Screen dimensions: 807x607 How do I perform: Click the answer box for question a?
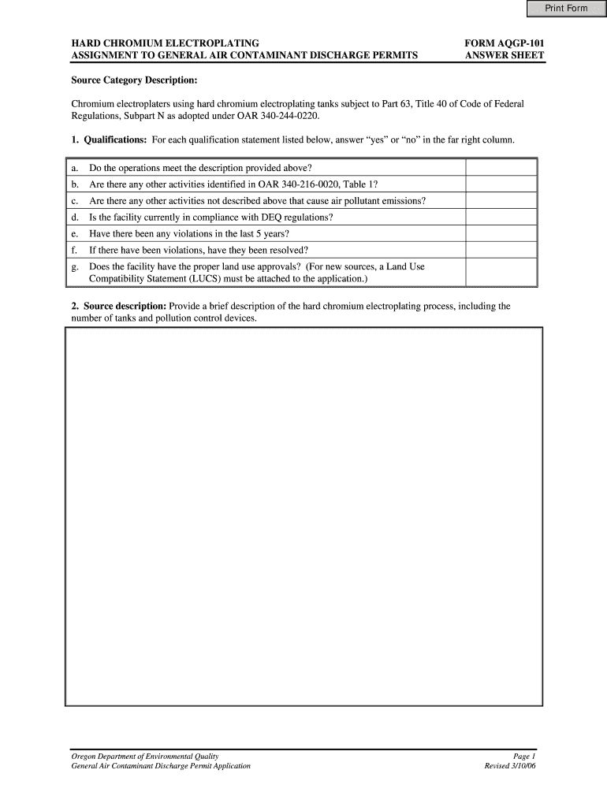(501, 167)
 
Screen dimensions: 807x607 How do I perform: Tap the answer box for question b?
(501, 184)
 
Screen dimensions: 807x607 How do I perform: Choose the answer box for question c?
(501, 201)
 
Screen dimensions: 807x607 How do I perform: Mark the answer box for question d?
(501, 218)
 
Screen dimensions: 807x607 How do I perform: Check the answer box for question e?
(501, 234)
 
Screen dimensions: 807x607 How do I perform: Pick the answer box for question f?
(501, 251)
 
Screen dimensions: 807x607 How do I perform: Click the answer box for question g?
(501, 273)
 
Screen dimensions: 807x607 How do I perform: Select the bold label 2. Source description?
(118, 306)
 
